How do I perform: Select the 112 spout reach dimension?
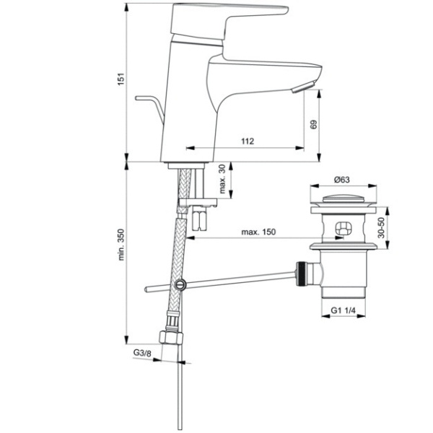point(248,141)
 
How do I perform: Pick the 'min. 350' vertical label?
point(122,251)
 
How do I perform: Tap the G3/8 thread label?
point(142,352)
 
